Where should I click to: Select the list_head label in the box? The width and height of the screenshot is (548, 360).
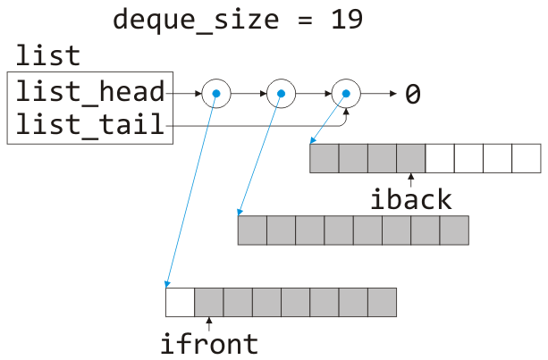pyautogui.click(x=89, y=91)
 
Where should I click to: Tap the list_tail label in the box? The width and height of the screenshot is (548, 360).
pyautogui.click(x=89, y=126)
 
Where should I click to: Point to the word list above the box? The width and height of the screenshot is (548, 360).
pyautogui.click(x=46, y=56)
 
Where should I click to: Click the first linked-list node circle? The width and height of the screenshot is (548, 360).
pyautogui.click(x=215, y=92)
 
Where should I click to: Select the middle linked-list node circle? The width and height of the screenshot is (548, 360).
pyautogui.click(x=280, y=92)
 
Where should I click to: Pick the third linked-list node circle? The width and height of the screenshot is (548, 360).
pyautogui.click(x=345, y=92)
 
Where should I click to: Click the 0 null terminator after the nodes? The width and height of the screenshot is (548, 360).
pyautogui.click(x=412, y=93)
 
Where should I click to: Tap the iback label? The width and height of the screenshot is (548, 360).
pyautogui.click(x=410, y=199)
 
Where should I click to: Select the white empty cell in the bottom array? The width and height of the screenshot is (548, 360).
pyautogui.click(x=180, y=301)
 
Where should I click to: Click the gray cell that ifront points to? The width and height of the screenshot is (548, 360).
pyautogui.click(x=208, y=301)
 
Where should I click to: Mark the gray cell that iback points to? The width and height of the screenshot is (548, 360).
pyautogui.click(x=410, y=158)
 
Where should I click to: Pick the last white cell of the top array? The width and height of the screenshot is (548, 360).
pyautogui.click(x=527, y=158)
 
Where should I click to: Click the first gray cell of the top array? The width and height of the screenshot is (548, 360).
pyautogui.click(x=325, y=158)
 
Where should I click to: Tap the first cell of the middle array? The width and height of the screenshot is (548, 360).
pyautogui.click(x=252, y=230)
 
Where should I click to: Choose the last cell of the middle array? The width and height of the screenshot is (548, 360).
pyautogui.click(x=454, y=230)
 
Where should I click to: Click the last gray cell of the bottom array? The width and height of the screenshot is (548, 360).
pyautogui.click(x=382, y=301)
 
